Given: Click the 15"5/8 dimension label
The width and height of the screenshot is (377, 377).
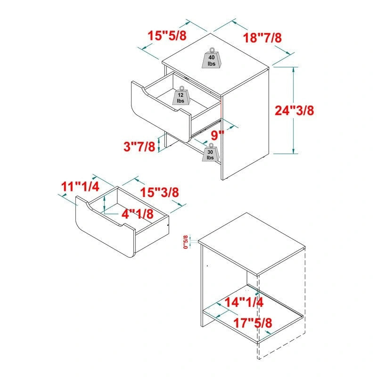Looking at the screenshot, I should tap(166, 35).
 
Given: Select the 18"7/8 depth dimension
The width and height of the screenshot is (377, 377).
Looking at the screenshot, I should tap(263, 38).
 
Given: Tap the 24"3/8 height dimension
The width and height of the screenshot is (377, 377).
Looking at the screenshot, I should tap(295, 110).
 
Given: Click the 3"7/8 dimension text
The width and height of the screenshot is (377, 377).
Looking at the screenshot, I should tap(139, 147).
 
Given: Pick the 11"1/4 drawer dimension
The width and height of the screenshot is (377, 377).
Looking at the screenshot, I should tap(80, 186).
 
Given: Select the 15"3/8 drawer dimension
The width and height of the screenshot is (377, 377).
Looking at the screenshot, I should tap(160, 192).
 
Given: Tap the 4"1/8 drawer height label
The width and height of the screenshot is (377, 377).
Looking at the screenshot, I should tap(138, 213).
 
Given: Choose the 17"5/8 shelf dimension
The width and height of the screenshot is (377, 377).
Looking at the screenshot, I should tap(253, 323).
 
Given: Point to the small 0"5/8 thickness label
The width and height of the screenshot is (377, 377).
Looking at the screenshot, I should tap(186, 242).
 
